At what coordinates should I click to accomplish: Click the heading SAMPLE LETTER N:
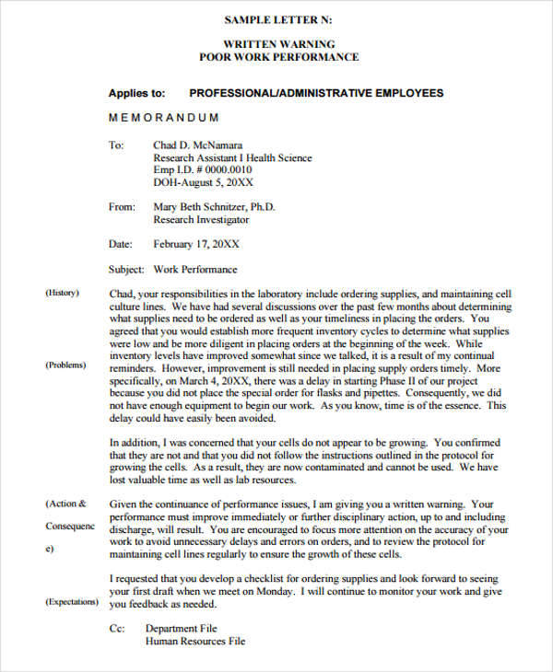coord(279,19)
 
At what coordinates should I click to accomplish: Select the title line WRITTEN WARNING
coord(279,44)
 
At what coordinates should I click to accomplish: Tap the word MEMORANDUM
coord(164,118)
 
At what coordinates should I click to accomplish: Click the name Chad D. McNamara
coord(198,145)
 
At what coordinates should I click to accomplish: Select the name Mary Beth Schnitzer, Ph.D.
coord(214,207)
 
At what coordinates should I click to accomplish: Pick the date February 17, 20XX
coord(196,245)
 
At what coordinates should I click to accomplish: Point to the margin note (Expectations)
coord(72,601)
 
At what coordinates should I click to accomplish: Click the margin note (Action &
coord(66,504)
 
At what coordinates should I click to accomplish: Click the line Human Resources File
coord(195,642)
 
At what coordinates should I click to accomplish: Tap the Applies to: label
coord(136,93)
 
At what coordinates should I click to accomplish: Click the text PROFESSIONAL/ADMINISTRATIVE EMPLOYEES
coord(316,93)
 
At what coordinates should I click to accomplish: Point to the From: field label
coord(122,207)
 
